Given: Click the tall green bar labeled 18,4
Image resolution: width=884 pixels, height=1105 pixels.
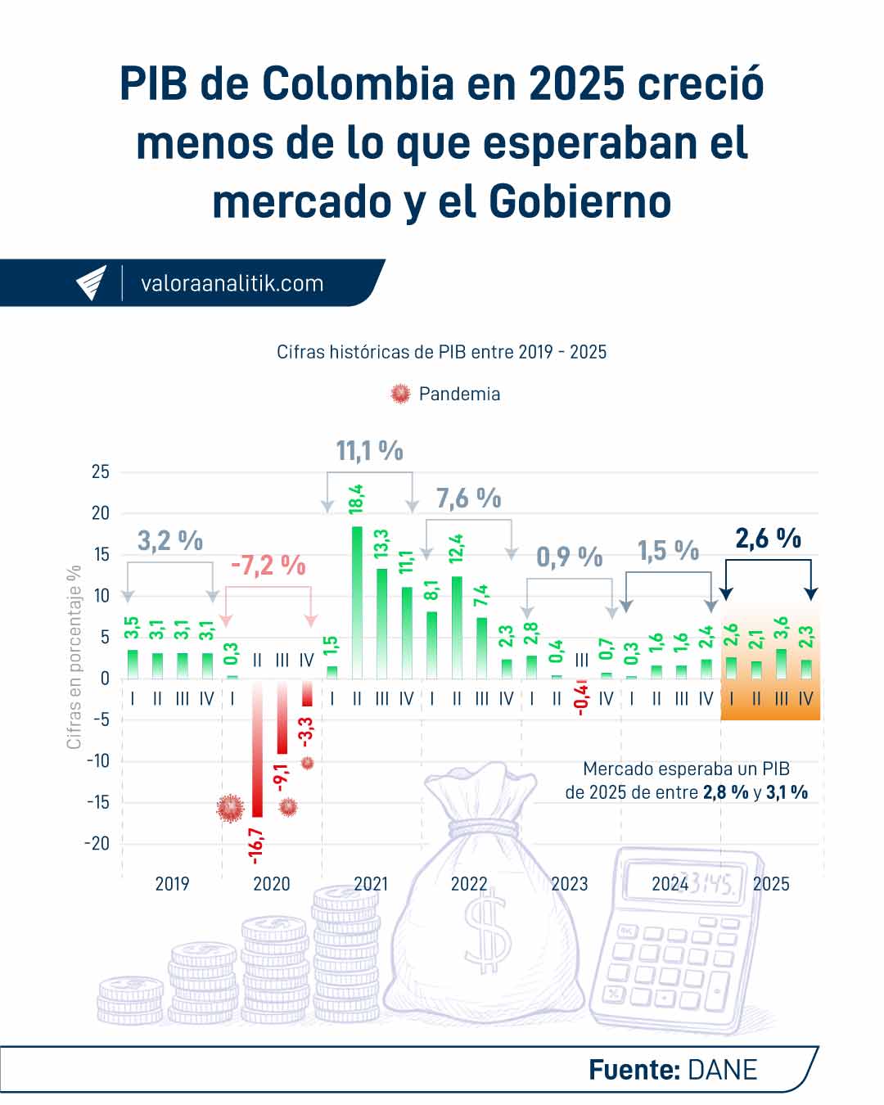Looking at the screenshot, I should [357, 602].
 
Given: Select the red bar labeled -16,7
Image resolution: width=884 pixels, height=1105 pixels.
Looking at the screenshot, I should [257, 749].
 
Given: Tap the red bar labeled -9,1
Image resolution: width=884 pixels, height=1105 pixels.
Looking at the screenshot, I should [282, 716].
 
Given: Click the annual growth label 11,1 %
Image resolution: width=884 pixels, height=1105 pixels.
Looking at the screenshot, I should [369, 450].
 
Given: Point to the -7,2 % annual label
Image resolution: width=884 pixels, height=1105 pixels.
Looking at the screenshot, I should [268, 566].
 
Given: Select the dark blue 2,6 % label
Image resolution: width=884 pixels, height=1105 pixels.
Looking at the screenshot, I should [768, 539].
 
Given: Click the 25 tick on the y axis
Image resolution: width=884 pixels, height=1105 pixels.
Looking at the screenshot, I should [100, 471].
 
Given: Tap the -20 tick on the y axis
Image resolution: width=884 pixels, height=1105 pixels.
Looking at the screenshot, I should [97, 843].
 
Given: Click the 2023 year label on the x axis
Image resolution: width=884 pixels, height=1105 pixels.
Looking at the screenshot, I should [569, 884].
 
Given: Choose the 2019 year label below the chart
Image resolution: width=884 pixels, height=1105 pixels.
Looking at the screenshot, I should [172, 884].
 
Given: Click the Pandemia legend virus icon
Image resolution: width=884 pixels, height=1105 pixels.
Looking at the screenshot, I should [400, 394].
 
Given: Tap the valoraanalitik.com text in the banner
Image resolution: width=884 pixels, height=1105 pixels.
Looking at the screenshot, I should [232, 284].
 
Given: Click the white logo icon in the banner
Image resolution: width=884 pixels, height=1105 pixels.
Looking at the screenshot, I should [92, 283].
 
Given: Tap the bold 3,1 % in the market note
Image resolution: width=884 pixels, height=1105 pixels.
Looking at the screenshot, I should [787, 792].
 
